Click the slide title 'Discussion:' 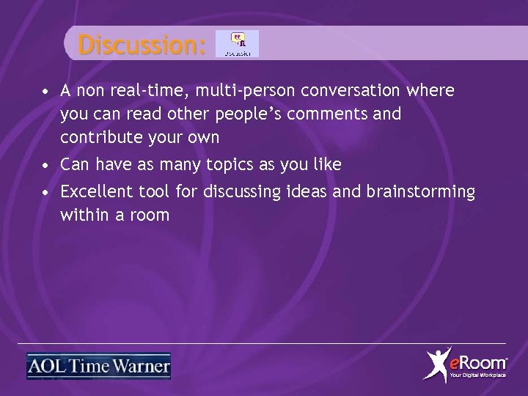tap(142, 45)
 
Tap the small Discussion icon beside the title tap(237, 44)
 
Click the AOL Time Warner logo tap(98, 366)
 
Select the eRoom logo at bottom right tap(466, 364)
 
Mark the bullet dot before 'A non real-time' tap(45, 93)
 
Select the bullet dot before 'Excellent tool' tap(45, 194)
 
